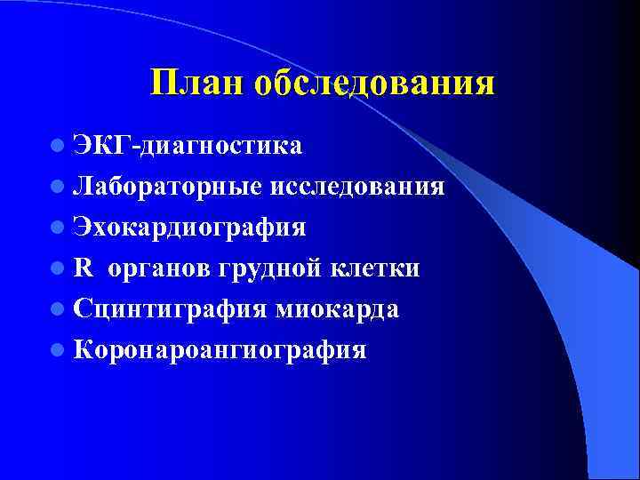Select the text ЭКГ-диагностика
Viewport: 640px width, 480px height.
188,144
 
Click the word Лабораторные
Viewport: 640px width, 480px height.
167,186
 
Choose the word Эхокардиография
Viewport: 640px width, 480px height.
190,227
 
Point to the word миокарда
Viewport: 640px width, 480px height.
337,308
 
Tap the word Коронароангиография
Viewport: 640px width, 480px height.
220,349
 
